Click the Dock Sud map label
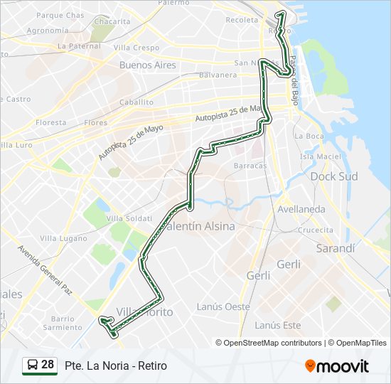(x=333, y=176)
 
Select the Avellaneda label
(x=301, y=209)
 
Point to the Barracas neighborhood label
(x=250, y=165)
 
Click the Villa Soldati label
(x=129, y=218)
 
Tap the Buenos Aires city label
(x=147, y=65)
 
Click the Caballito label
(x=136, y=102)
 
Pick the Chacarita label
(x=112, y=21)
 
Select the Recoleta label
(x=241, y=20)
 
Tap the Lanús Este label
(x=277, y=325)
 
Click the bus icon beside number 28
(x=32, y=366)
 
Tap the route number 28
(x=48, y=365)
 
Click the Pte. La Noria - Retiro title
(x=115, y=366)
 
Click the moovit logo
(x=337, y=366)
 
